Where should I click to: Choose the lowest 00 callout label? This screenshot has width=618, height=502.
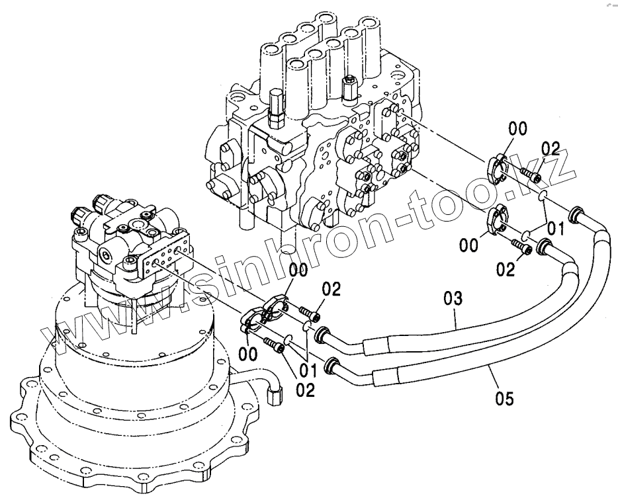click(248, 355)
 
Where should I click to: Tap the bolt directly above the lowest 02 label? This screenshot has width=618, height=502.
click(277, 345)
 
